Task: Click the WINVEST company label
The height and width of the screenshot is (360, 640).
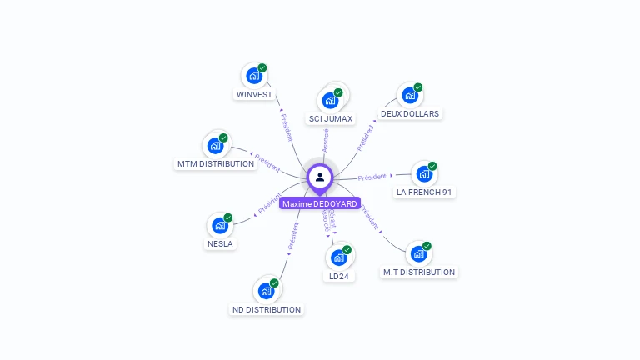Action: (254, 94)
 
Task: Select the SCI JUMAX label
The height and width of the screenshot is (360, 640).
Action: (331, 118)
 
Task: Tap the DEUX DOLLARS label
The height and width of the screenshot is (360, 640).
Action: (410, 113)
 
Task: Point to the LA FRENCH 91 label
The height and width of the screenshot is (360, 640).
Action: (425, 192)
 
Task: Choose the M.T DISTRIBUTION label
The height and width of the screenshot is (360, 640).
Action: (419, 272)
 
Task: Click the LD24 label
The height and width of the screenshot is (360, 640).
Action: (338, 276)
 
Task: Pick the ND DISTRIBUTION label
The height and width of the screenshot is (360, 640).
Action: (266, 309)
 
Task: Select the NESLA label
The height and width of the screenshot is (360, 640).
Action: (221, 244)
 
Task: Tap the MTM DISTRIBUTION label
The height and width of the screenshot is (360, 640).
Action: (216, 163)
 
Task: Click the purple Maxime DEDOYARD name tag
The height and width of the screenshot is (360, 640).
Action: (320, 203)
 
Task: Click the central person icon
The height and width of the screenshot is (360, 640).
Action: (320, 177)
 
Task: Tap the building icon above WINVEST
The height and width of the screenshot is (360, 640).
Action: (254, 76)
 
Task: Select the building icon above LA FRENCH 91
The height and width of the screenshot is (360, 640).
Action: (424, 174)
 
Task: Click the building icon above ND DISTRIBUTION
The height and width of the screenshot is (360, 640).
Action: (266, 291)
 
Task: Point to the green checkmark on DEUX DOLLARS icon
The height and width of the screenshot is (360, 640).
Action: (418, 87)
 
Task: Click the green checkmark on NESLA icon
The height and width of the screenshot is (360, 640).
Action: (228, 217)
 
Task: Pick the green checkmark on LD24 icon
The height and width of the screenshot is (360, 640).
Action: (347, 249)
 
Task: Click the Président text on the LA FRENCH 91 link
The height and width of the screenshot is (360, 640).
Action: (372, 177)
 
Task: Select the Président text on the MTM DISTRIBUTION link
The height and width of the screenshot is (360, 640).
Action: (267, 162)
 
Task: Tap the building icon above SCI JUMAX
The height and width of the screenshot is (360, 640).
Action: (330, 101)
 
